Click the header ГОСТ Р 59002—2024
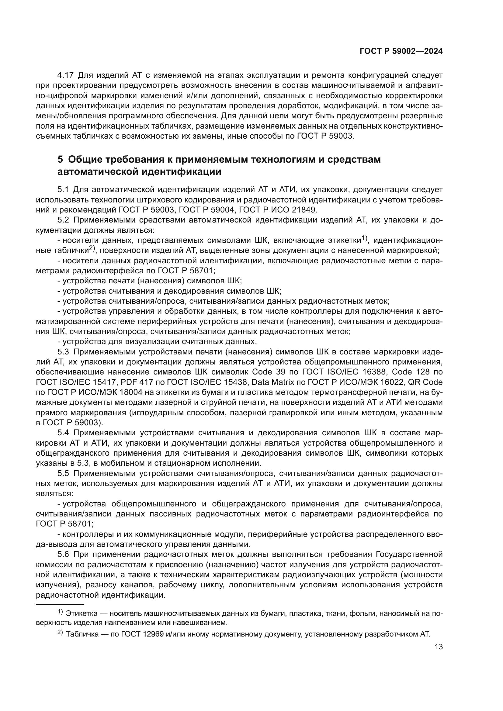click(401, 51)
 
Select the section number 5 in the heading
click(60, 160)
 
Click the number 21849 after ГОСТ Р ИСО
click(304, 210)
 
